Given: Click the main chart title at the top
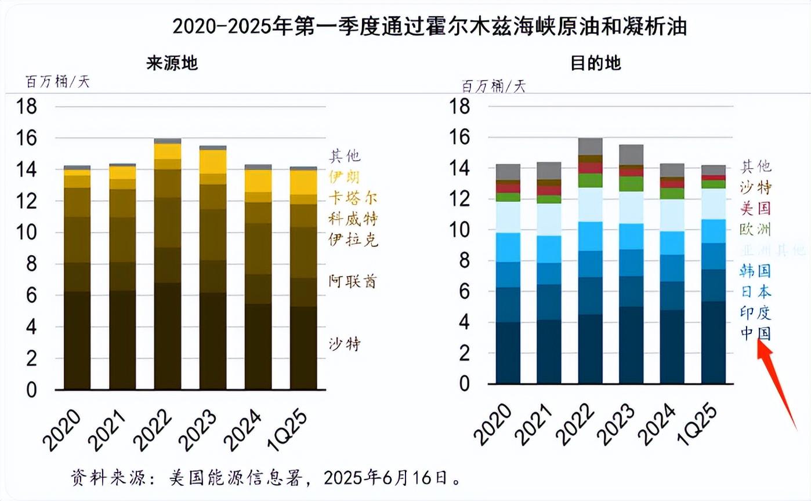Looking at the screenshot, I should click(430, 26).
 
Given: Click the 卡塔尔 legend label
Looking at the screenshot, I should click(353, 198).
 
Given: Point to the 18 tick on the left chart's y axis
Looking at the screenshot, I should click(28, 107).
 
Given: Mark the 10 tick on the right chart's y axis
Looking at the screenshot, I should click(463, 230).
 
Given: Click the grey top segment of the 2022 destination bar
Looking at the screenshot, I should click(590, 146).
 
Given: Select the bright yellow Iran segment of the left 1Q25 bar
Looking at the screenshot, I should click(303, 182).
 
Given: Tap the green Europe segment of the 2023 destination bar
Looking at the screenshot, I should click(632, 184).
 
